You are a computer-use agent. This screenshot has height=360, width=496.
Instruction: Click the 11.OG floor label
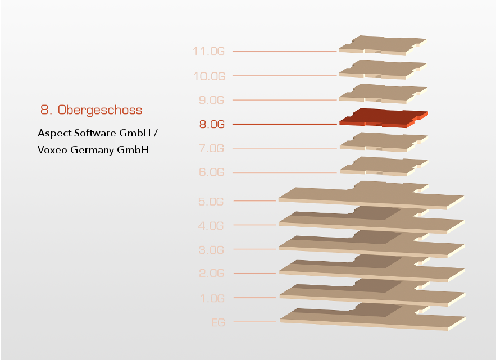pyautogui.click(x=209, y=51)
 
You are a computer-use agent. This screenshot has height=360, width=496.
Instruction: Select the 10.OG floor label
pyautogui.click(x=209, y=76)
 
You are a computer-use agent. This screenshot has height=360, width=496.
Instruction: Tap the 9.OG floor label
pyautogui.click(x=211, y=100)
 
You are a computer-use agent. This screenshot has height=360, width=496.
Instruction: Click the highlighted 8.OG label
pyautogui.click(x=212, y=124)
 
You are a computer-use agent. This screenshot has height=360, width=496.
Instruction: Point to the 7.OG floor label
pyautogui.click(x=211, y=148)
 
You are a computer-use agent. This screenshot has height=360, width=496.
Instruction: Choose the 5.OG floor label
pyautogui.click(x=211, y=202)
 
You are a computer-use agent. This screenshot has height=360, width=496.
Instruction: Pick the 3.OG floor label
pyautogui.click(x=211, y=250)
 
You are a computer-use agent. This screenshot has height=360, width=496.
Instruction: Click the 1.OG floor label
pyautogui.click(x=212, y=298)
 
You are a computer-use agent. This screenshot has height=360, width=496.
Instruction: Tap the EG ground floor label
pyautogui.click(x=218, y=323)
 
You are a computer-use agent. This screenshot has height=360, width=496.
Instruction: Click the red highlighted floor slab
pyautogui.click(x=384, y=118)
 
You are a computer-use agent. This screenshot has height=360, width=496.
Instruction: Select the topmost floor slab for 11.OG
pyautogui.click(x=383, y=45)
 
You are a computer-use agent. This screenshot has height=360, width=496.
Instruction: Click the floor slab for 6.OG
pyautogui.click(x=384, y=166)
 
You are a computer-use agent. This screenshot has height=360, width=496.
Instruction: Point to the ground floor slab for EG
pyautogui.click(x=372, y=317)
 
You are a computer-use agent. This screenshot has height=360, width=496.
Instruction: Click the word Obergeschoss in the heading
pyautogui.click(x=100, y=110)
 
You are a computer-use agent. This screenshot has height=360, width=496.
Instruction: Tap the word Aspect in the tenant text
pyautogui.click(x=54, y=133)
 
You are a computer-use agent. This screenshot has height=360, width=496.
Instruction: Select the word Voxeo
pyautogui.click(x=52, y=149)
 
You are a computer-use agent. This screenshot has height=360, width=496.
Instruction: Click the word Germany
pyautogui.click(x=92, y=150)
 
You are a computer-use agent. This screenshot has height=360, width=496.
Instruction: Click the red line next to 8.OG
pyautogui.click(x=285, y=124)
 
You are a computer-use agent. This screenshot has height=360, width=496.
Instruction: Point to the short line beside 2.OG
pyautogui.click(x=255, y=273)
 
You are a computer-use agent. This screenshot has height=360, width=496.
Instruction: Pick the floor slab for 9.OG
pyautogui.click(x=383, y=94)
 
